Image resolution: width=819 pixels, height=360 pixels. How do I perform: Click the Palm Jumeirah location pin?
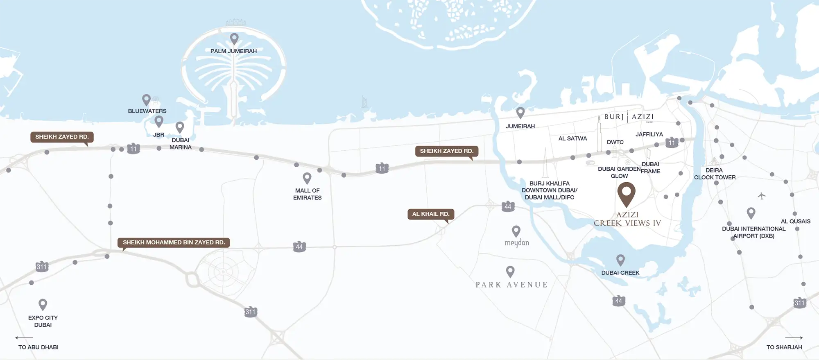234,38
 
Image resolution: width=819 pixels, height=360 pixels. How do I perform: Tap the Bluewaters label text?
147,111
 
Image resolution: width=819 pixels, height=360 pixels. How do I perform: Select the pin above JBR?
159,121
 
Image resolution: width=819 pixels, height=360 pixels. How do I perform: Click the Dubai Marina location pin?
180,127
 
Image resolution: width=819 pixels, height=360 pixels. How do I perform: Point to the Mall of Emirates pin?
307,178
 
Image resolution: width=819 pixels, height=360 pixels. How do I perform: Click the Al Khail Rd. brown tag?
431,214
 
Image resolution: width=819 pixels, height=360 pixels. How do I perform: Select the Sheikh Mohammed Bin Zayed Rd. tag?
174,242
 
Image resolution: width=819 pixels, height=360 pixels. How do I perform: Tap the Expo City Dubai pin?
43,304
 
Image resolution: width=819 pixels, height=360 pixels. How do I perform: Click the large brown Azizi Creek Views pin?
626,193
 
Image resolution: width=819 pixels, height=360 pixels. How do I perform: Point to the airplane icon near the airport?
761,196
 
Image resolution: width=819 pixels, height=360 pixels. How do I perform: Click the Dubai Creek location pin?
620,260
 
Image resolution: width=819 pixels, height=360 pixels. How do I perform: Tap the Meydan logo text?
517,243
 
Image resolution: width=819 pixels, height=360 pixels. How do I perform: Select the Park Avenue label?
511,285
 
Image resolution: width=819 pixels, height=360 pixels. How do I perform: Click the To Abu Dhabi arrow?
24,338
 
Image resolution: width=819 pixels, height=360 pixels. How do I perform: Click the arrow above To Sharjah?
794,338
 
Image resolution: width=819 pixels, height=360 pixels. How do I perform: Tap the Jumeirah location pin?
520,112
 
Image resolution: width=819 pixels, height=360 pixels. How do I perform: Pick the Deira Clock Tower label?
715,174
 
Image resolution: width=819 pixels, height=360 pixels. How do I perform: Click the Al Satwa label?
572,138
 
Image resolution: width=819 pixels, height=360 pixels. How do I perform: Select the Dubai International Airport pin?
751,213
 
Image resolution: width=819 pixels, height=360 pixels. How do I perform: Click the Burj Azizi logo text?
629,117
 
